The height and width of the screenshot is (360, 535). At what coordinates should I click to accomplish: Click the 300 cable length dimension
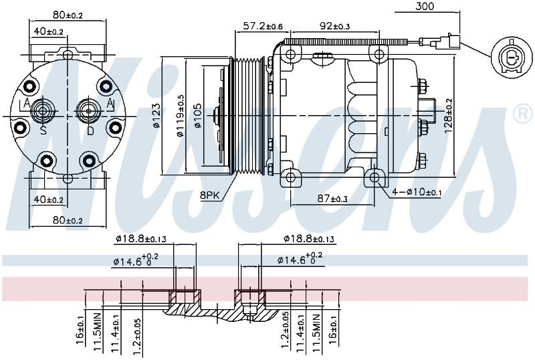[425, 6]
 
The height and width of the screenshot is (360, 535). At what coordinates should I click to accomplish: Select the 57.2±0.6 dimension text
[263, 26]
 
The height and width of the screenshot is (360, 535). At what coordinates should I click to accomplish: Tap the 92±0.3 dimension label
[335, 26]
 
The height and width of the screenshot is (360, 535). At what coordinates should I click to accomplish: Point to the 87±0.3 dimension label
[332, 198]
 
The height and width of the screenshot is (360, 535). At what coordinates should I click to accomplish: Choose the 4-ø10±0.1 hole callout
[417, 192]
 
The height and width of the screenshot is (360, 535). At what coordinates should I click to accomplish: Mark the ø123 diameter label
[156, 116]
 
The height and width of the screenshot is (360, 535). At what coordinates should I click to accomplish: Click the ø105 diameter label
[198, 116]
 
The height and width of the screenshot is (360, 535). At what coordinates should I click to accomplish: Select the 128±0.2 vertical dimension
[448, 116]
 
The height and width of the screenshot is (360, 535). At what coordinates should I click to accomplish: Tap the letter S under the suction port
[43, 130]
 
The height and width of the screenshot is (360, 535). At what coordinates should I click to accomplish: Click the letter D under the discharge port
[90, 130]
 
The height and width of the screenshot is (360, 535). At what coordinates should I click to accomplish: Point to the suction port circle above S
[43, 110]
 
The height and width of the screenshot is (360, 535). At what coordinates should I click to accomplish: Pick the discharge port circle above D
[88, 111]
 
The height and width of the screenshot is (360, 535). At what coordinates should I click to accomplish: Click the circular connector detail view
[512, 58]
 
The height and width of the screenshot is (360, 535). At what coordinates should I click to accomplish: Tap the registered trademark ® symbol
[523, 114]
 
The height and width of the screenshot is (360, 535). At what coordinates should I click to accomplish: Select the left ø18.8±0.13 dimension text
[141, 239]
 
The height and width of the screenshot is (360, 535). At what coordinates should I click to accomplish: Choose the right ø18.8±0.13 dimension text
[309, 239]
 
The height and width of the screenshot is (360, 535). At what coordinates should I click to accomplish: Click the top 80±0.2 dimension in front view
[68, 15]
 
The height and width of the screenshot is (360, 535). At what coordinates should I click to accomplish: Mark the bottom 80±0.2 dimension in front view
[68, 220]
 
